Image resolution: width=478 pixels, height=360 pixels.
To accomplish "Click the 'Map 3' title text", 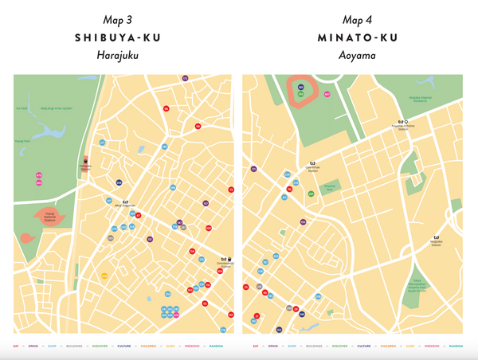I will [x=118, y=19].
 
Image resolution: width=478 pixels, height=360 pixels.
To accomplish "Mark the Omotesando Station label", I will [x=225, y=264].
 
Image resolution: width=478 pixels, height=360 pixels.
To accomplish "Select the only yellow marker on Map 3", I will [x=104, y=276].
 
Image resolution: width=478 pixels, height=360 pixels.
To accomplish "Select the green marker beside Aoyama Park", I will [x=311, y=194].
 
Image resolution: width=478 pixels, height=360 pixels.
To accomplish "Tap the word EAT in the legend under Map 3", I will [x=18, y=346].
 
